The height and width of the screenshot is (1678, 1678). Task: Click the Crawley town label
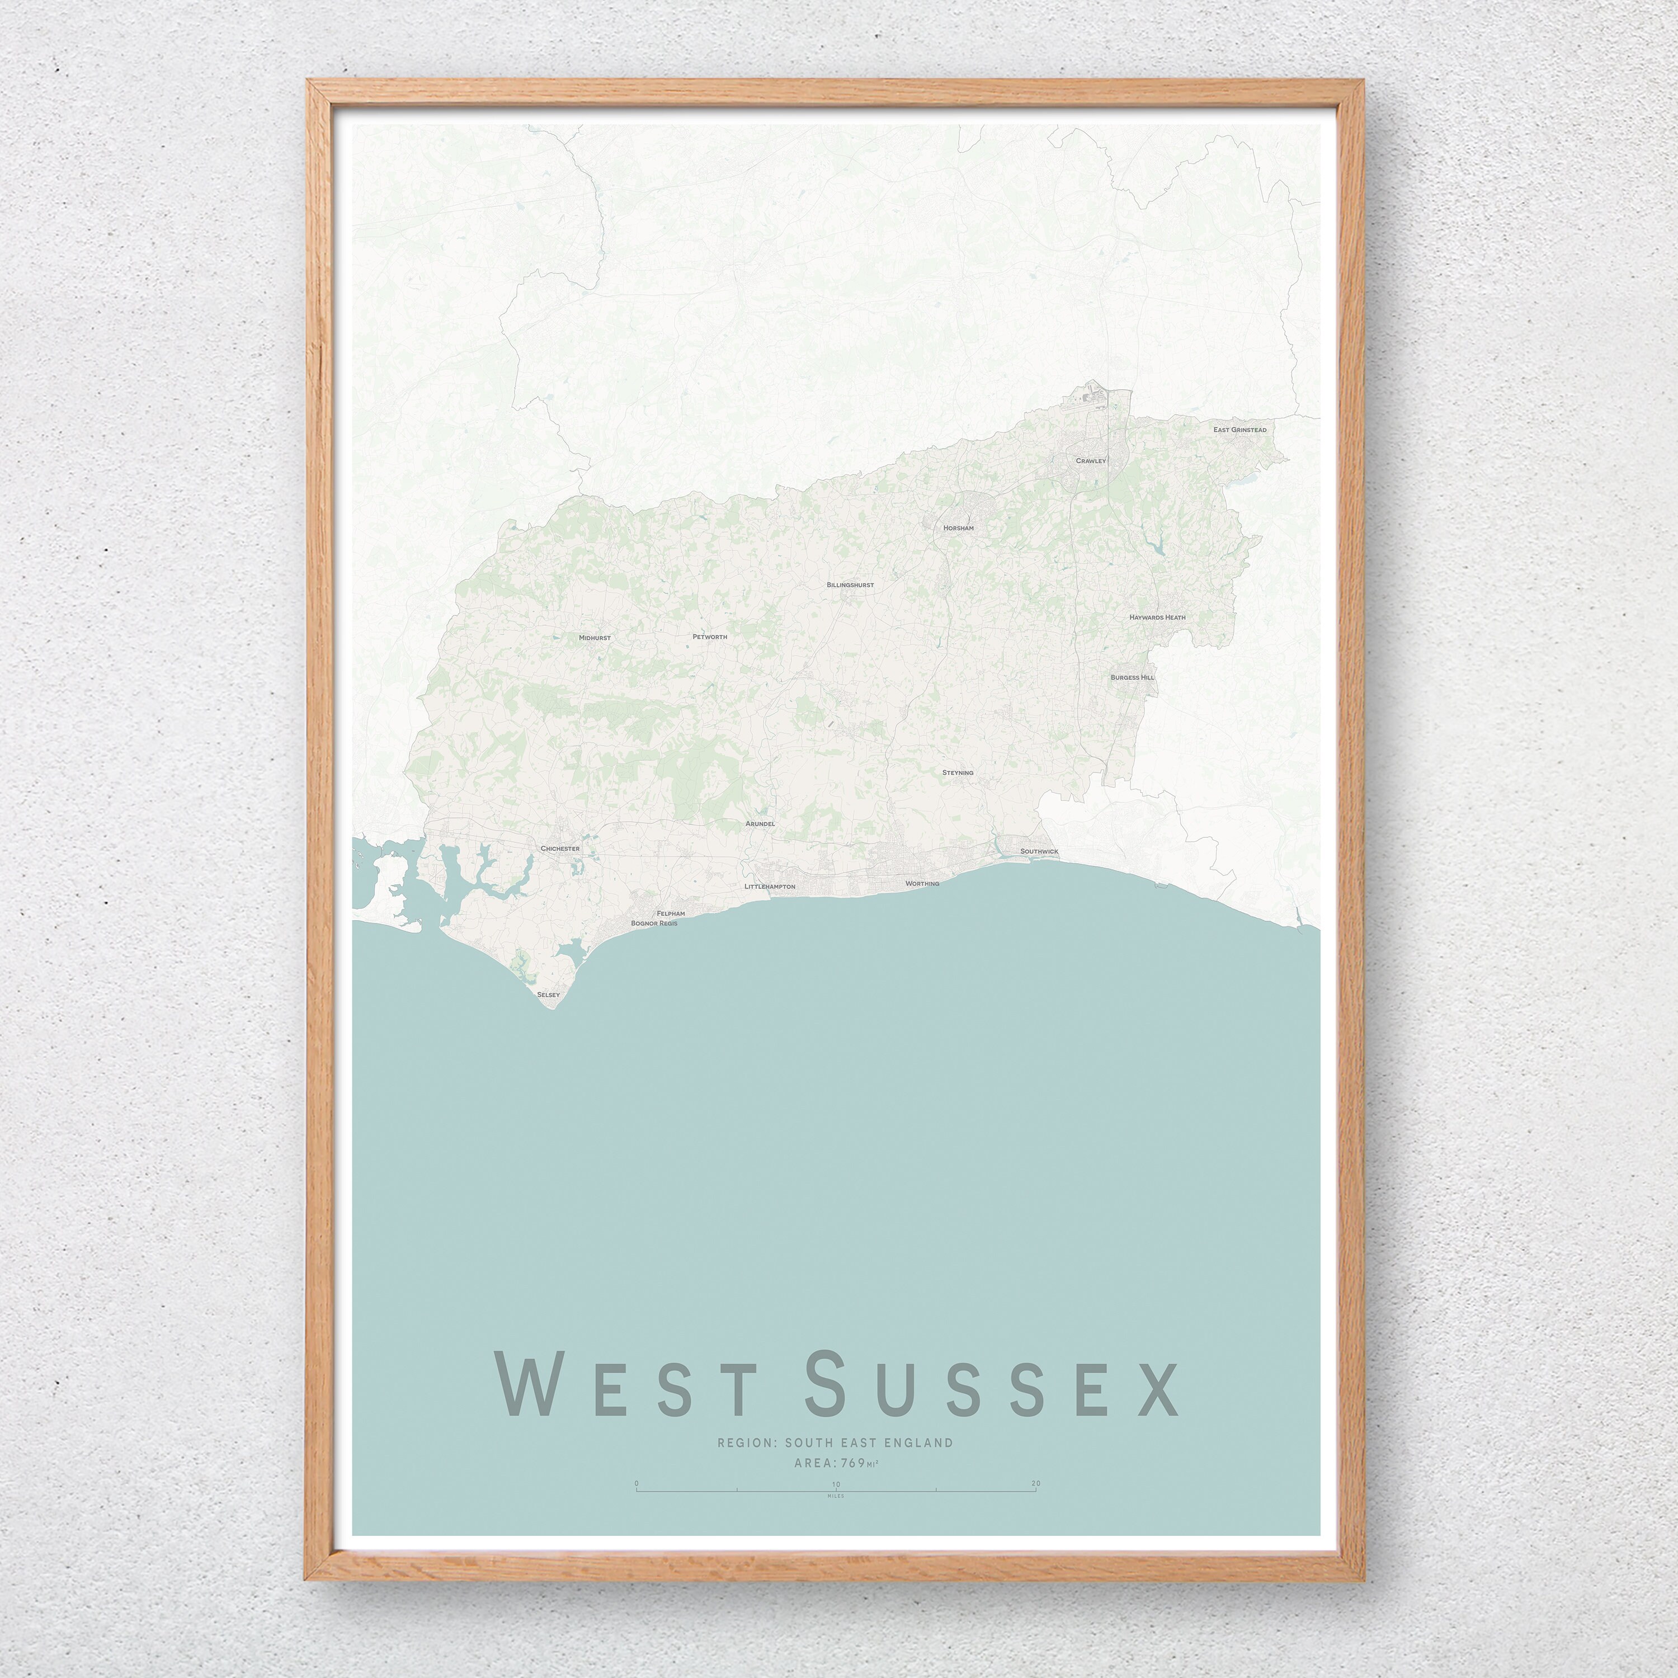click(x=1091, y=460)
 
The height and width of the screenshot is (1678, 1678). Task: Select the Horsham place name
click(x=959, y=528)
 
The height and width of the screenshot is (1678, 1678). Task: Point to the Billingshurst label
click(x=850, y=586)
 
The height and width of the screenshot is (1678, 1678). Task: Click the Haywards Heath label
click(x=1157, y=618)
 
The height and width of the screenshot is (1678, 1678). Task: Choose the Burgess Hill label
click(x=1132, y=677)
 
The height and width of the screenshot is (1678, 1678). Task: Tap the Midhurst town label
click(x=595, y=638)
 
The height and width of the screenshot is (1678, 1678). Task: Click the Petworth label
click(x=710, y=637)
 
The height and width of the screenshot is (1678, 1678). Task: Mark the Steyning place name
click(x=958, y=772)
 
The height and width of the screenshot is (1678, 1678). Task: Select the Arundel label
click(x=760, y=823)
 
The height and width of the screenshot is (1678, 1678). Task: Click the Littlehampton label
click(x=770, y=887)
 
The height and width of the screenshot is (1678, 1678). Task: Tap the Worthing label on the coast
click(x=922, y=883)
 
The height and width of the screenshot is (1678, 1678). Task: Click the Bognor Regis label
click(x=654, y=923)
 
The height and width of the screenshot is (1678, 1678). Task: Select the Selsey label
click(x=549, y=993)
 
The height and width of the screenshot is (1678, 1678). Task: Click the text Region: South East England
click(x=835, y=1443)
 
